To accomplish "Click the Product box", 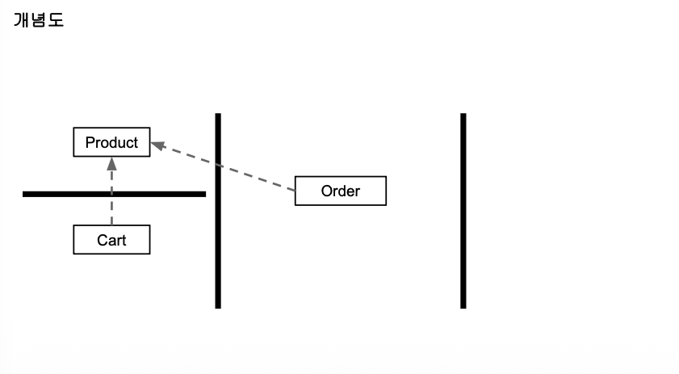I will click(x=111, y=143).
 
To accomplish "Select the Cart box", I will click(x=111, y=240).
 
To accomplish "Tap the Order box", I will click(x=340, y=191).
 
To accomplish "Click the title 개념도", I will click(x=39, y=21).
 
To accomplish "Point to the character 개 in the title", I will click(x=22, y=21).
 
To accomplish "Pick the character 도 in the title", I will click(x=56, y=21).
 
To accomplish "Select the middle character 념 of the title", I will click(x=39, y=21).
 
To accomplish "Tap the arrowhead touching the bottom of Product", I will click(x=111, y=163).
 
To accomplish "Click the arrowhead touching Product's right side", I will click(x=157, y=145).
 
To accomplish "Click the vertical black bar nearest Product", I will click(x=218, y=242).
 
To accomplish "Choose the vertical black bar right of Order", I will click(x=463, y=210).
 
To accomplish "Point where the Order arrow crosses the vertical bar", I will click(x=218, y=165).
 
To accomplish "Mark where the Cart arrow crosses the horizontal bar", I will click(x=111, y=194).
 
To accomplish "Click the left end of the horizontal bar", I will click(x=25, y=194).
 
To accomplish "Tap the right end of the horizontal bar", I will click(x=203, y=194).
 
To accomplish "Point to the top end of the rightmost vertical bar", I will click(x=463, y=116).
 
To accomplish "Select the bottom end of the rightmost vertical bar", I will click(x=463, y=306).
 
